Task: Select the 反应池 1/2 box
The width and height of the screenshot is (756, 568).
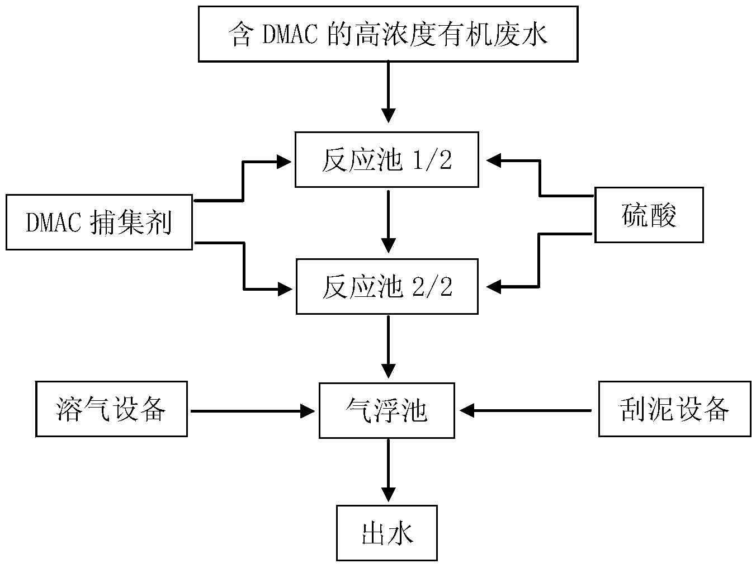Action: pyautogui.click(x=386, y=159)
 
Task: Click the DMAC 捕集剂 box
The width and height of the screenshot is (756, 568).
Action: pyautogui.click(x=99, y=222)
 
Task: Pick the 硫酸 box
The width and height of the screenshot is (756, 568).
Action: pyautogui.click(x=648, y=215)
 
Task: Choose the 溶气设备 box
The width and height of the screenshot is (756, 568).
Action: pyautogui.click(x=111, y=409)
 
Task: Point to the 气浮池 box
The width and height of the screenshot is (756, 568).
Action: pyautogui.click(x=388, y=410)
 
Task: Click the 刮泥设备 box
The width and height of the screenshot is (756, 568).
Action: pyautogui.click(x=674, y=409)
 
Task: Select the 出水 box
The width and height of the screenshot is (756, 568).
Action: pyautogui.click(x=387, y=532)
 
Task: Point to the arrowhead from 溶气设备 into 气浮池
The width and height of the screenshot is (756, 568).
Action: pyautogui.click(x=308, y=411)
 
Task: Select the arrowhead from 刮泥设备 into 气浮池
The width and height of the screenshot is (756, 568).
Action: pyautogui.click(x=467, y=411)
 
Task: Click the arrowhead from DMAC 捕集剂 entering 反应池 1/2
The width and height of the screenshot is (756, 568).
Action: pyautogui.click(x=284, y=162)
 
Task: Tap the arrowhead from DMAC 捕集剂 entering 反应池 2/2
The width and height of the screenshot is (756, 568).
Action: pyautogui.click(x=284, y=289)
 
